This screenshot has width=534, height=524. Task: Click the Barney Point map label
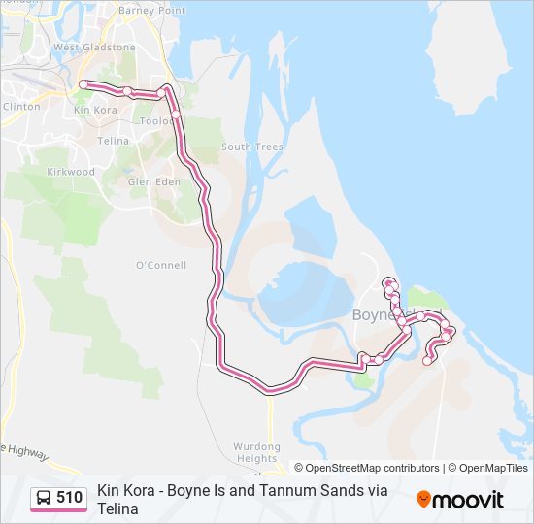point(151,10)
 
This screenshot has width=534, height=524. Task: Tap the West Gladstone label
point(94,47)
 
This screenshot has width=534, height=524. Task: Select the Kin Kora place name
point(96,110)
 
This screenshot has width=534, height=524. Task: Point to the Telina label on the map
point(114,141)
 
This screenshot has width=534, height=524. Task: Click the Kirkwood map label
point(72,172)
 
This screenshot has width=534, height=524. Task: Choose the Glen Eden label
point(153,180)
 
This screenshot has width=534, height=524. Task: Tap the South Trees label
point(252,147)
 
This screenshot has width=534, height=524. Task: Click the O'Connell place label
point(161,265)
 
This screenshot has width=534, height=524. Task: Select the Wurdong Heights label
point(256,452)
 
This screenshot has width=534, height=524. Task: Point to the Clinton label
point(21,106)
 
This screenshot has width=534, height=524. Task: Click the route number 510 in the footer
point(69,498)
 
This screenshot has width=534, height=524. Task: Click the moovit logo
point(460,500)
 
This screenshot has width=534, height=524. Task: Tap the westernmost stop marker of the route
point(83,85)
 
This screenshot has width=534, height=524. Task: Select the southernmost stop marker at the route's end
point(427,362)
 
